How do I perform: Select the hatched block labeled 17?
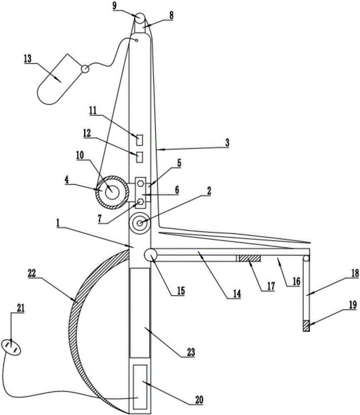[249, 259]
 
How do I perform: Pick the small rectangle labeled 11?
[140, 140]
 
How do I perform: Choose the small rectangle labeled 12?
[140, 157]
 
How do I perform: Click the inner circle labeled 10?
[111, 192]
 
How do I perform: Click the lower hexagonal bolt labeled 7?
[141, 202]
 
